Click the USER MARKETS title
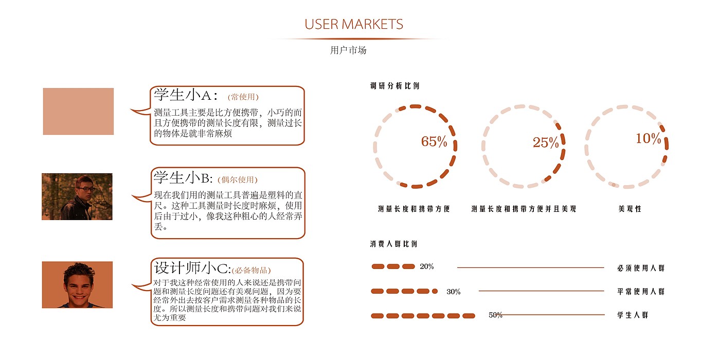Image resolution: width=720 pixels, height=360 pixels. point(354,24)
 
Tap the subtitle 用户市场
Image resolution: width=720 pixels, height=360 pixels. point(348,50)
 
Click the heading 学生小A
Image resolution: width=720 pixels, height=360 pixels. point(186,95)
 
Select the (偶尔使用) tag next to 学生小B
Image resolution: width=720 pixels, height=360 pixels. point(237,179)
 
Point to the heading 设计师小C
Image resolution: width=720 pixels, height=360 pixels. point(191,268)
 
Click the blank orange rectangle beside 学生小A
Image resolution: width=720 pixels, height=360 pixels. point(78,112)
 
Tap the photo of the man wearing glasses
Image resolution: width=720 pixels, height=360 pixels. point(77,196)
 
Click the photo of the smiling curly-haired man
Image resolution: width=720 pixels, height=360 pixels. point(77,285)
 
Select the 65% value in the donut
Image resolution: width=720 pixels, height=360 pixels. point(434,142)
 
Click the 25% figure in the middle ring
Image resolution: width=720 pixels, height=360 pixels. point(546,143)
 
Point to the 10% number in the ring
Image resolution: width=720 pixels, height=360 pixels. point(648,139)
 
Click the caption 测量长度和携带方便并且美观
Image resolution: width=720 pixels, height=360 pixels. point(524,209)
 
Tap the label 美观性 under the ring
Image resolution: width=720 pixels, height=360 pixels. point(630,209)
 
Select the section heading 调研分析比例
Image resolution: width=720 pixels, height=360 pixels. point(394,86)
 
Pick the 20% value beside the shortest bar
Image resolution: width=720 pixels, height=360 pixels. point(427,266)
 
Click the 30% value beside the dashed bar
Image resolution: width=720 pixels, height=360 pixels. point(454,292)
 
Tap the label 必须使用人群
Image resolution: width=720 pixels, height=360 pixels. point(641,268)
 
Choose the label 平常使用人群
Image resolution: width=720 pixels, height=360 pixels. point(641,292)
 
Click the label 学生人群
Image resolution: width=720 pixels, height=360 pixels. point(633,315)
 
